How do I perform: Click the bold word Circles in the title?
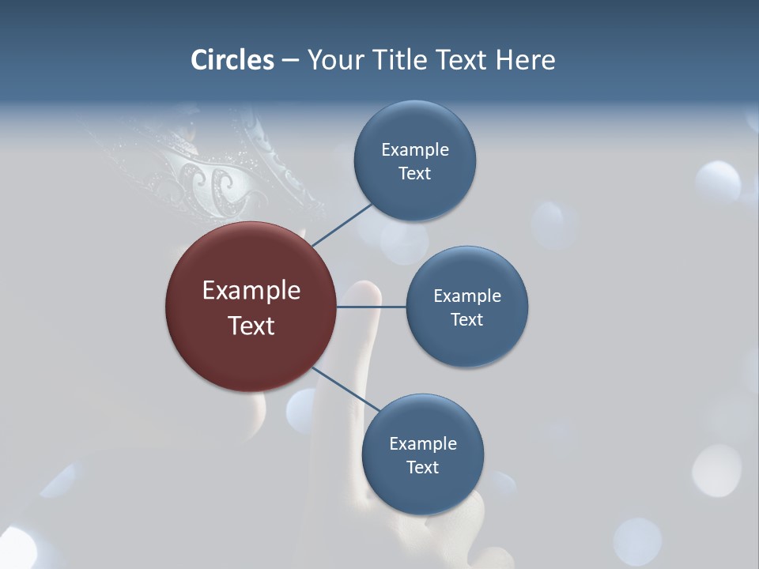pyautogui.click(x=232, y=60)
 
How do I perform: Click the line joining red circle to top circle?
pyautogui.click(x=342, y=225)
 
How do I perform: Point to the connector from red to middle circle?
pyautogui.click(x=372, y=307)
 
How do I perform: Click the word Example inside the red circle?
pyautogui.click(x=251, y=291)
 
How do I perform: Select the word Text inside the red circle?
pyautogui.click(x=251, y=325)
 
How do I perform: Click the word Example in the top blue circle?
pyautogui.click(x=415, y=149)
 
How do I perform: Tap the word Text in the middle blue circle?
pyautogui.click(x=466, y=319)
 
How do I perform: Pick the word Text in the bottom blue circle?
pyautogui.click(x=422, y=467)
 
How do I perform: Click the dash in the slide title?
pyautogui.click(x=290, y=60)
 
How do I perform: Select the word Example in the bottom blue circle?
pyautogui.click(x=423, y=443)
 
